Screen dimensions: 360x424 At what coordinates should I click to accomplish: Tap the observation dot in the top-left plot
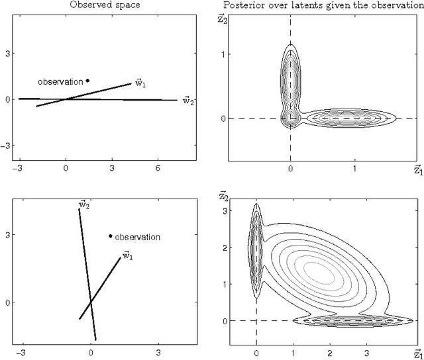tap(87, 81)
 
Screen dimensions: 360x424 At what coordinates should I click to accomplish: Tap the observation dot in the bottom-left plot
tap(110, 236)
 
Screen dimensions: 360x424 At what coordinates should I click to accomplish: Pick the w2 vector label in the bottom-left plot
tap(84, 205)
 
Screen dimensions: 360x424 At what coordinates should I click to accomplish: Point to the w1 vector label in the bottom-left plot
tap(126, 255)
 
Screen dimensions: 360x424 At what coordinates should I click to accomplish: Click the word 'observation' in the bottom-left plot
tap(137, 237)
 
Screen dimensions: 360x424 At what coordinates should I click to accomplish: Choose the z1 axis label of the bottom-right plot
tap(417, 353)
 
